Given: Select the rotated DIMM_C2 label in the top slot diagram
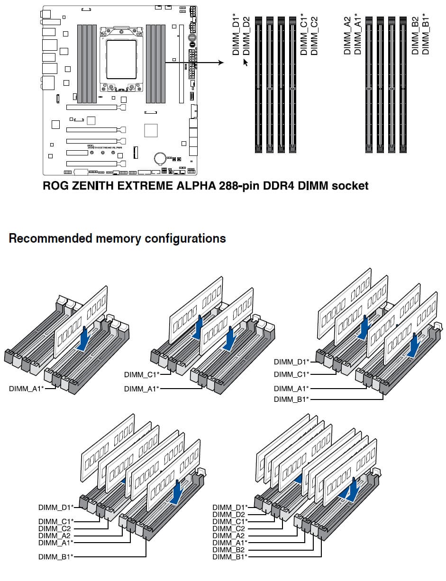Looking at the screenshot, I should click(x=314, y=36).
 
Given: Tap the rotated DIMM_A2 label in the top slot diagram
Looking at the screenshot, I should click(x=348, y=36).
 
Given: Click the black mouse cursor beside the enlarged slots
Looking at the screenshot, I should click(x=246, y=62).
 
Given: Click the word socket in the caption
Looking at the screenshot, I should click(x=350, y=186).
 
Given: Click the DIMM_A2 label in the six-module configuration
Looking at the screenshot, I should click(x=55, y=536).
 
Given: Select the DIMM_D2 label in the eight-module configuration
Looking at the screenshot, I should click(x=228, y=514).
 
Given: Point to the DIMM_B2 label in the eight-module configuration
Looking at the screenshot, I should click(x=228, y=550).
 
